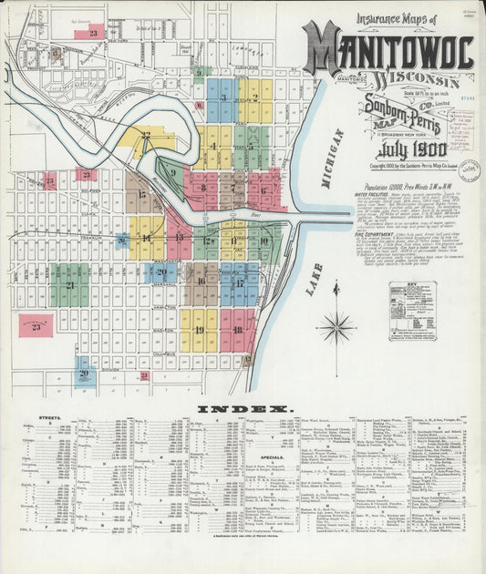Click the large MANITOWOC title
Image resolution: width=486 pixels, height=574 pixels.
[389, 50]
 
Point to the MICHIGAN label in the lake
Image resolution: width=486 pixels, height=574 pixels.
[329, 159]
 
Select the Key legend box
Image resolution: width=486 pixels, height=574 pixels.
[412, 310]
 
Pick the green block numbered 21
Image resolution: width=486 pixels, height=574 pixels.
[69, 285]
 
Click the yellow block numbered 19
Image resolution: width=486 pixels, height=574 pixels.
[199, 329]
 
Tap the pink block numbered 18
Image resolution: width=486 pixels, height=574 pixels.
[237, 329]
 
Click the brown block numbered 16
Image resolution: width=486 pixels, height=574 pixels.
[201, 283]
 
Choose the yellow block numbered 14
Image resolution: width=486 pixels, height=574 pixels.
[146, 238]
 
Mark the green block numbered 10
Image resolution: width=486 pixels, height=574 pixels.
[264, 241]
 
